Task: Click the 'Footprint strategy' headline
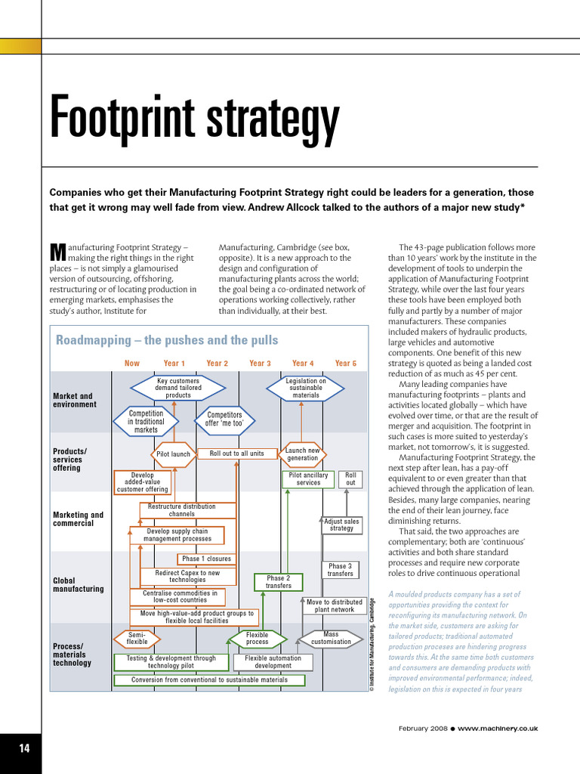[x=195, y=119]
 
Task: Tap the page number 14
[x=24, y=748]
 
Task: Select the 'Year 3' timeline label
[x=260, y=364]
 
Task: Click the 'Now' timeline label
[x=132, y=364]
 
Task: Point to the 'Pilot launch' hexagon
[x=173, y=454]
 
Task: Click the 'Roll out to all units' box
[x=236, y=454]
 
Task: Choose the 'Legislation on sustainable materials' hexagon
[x=306, y=388]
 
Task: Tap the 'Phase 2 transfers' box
[x=278, y=582]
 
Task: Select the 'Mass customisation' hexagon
[x=331, y=638]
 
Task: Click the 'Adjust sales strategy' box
[x=341, y=525]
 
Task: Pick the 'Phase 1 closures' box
[x=206, y=559]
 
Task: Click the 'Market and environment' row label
[x=75, y=400]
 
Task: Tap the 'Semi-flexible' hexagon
[x=137, y=639]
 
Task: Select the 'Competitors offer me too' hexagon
[x=224, y=420]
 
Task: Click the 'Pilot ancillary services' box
[x=308, y=479]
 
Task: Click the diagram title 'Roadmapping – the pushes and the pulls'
[x=167, y=340]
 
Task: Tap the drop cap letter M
[x=57, y=251]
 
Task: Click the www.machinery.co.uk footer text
[x=498, y=728]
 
